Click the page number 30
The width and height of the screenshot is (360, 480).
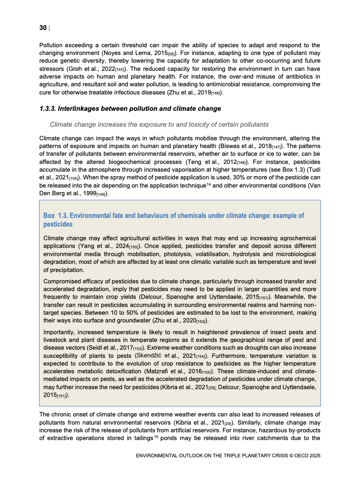point(43,28)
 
